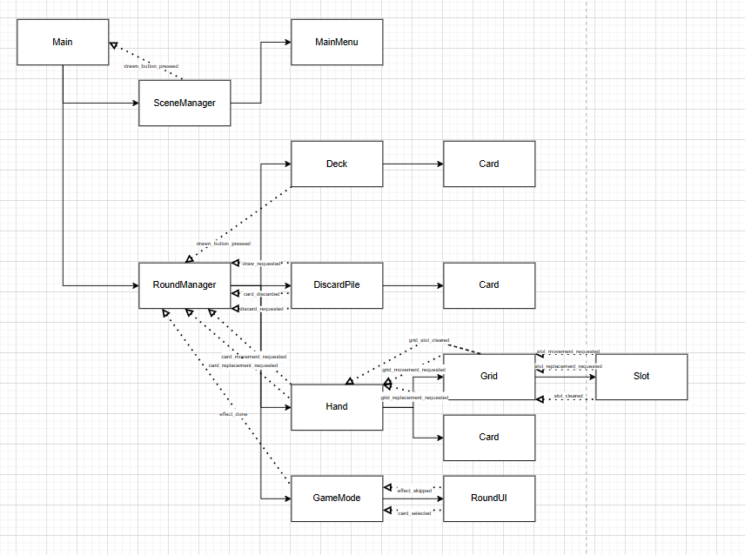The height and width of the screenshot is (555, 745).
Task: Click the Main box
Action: point(63,42)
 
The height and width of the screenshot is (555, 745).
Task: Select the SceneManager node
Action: point(185,103)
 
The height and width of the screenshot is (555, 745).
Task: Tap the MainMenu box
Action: point(337,42)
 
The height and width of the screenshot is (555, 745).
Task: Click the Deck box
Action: point(337,164)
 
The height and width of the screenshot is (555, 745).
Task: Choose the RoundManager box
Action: point(185,284)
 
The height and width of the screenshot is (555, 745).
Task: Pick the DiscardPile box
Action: point(337,284)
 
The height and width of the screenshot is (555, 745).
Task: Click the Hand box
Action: point(337,406)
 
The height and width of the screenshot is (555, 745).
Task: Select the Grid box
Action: point(489,377)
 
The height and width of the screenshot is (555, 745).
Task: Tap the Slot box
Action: point(641,377)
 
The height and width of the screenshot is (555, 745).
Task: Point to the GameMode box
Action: point(337,498)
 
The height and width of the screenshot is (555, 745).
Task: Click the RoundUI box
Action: point(489,498)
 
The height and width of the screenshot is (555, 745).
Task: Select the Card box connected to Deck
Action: point(489,164)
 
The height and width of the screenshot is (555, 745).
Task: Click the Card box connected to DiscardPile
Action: point(489,284)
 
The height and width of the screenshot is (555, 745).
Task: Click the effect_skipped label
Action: point(415,491)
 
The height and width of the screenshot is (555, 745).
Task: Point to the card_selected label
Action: point(415,514)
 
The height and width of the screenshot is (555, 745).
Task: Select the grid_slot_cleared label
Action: point(428,340)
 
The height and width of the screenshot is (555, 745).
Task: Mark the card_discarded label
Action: point(261,294)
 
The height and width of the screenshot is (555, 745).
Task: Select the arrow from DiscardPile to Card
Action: point(413,284)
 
